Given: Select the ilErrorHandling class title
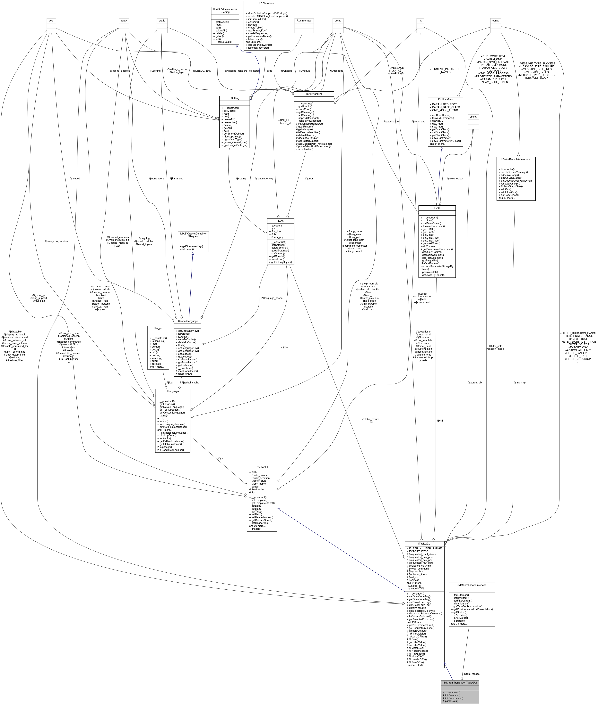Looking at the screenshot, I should tap(314, 94).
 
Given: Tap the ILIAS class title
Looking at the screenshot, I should tap(280, 220).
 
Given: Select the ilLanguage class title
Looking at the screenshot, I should tap(173, 391).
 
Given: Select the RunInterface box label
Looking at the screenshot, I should tap(304, 21).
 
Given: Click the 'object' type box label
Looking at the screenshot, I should tap(473, 117).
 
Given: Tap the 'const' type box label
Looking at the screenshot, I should tap(495, 21).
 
